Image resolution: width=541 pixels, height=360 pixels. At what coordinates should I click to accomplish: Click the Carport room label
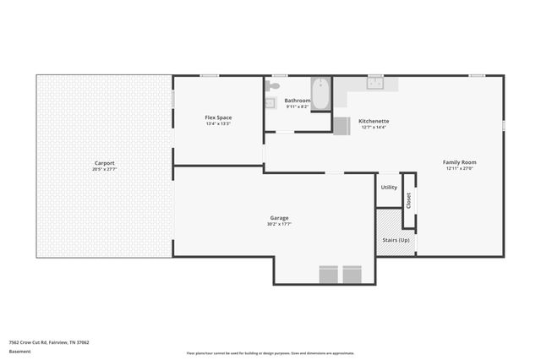[104, 163]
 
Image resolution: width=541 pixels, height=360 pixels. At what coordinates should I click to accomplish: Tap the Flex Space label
[218, 117]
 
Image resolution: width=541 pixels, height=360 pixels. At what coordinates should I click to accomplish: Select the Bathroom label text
[298, 101]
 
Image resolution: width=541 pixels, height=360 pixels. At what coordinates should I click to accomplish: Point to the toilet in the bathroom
[272, 86]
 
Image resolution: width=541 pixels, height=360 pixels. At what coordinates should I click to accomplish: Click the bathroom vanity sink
[270, 103]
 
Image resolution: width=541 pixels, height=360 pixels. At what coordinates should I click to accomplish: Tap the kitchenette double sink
[374, 83]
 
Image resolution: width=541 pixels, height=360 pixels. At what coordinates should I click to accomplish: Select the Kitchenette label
[374, 121]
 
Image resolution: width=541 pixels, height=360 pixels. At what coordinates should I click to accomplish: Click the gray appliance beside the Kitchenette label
[342, 126]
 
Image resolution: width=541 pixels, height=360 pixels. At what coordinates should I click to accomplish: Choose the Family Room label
[460, 161]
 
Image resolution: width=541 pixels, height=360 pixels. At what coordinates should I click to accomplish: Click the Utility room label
[389, 187]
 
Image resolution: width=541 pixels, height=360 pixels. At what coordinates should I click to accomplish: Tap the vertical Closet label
[408, 200]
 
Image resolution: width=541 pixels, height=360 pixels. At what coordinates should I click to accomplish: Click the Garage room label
[279, 218]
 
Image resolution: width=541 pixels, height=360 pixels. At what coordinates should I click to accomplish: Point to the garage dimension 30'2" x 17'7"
[279, 224]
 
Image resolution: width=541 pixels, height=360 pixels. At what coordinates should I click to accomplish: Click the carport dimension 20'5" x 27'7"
[104, 169]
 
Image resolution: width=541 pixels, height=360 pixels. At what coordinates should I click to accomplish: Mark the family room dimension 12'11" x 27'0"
[460, 167]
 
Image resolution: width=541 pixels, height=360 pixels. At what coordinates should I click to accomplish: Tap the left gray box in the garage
[328, 275]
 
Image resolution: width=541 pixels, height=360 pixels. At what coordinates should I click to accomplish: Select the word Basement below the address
[18, 352]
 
